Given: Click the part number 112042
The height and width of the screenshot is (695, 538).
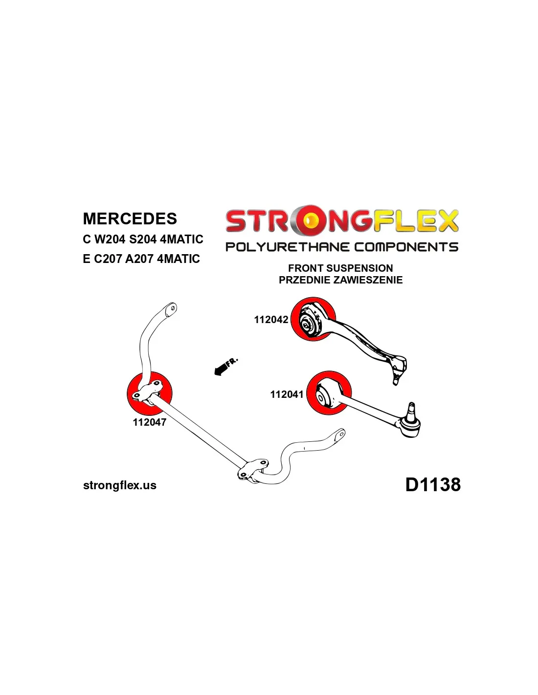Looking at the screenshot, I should pyautogui.click(x=271, y=320).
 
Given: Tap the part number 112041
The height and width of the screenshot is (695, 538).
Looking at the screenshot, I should pyautogui.click(x=287, y=394).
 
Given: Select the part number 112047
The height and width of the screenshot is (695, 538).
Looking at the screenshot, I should pyautogui.click(x=149, y=422).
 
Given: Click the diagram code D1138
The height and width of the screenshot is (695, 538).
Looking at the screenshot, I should pyautogui.click(x=433, y=484).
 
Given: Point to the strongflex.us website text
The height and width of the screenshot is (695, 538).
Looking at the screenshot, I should pyautogui.click(x=120, y=485).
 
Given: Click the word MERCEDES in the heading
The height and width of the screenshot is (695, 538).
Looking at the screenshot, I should pyautogui.click(x=130, y=218).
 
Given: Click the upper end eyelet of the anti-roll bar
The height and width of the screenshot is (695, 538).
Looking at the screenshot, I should pyautogui.click(x=172, y=308).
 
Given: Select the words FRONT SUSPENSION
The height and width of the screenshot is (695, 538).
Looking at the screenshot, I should pyautogui.click(x=340, y=268).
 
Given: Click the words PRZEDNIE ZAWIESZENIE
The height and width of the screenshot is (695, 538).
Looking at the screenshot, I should pyautogui.click(x=340, y=280).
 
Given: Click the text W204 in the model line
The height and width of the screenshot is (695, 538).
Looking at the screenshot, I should pyautogui.click(x=110, y=239).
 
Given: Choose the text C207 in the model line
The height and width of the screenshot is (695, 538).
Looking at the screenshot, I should pyautogui.click(x=107, y=259).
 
